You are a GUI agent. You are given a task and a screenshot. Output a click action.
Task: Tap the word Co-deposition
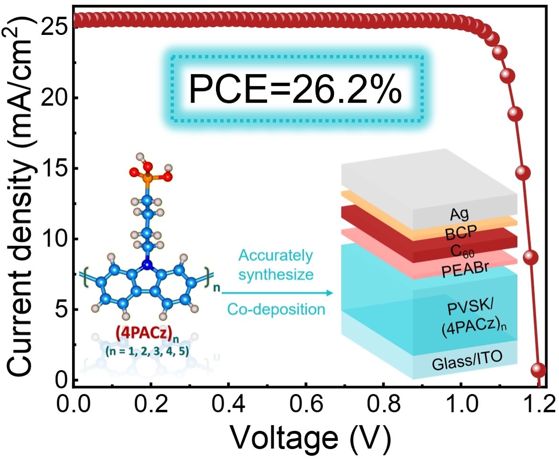coord(276,309)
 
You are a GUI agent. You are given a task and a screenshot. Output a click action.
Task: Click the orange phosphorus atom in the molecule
coord(147,181)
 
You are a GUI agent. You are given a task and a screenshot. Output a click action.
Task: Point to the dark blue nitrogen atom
coord(148,265)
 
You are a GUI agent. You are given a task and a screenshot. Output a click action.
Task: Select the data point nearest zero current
coord(538,370)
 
